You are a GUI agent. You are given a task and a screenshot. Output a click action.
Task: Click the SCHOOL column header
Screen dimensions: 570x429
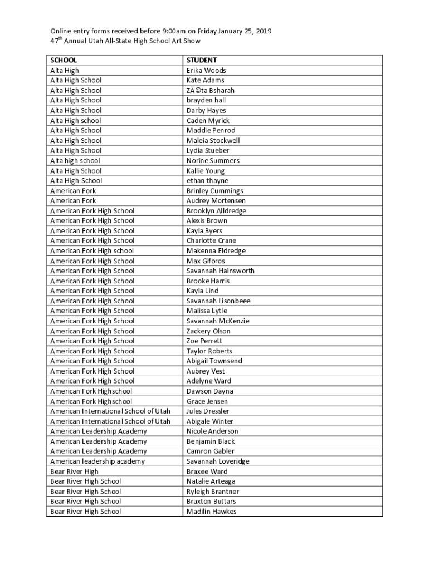click(x=64, y=60)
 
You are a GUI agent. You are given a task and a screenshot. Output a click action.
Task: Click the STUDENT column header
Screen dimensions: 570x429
click(x=202, y=60)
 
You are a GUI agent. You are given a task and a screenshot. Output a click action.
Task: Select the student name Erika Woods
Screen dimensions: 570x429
click(x=206, y=70)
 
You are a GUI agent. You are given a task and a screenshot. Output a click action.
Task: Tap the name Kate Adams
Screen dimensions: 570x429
click(x=206, y=80)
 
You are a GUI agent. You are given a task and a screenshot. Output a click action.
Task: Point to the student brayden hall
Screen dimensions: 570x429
click(x=206, y=100)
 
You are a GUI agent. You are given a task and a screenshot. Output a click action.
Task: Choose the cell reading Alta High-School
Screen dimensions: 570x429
click(x=76, y=180)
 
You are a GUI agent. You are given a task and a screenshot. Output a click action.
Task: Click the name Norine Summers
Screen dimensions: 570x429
click(x=213, y=160)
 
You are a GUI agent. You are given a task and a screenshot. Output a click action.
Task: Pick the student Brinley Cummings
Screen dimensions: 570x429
click(x=214, y=190)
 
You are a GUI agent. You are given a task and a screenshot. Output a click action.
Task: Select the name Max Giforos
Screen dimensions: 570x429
click(x=206, y=261)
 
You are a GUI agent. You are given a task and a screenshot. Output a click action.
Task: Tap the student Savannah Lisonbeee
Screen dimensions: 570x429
click(x=218, y=301)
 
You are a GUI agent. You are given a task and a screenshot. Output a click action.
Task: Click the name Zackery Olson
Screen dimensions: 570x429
click(x=208, y=331)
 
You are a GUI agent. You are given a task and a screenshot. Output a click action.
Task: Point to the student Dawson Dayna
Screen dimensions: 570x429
click(x=210, y=391)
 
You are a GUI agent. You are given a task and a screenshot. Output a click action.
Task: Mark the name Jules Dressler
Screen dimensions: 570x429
click(x=208, y=411)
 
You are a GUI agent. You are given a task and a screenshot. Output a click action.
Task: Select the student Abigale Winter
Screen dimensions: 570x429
click(x=210, y=421)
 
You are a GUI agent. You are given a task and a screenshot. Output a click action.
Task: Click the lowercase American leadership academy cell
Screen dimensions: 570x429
click(x=97, y=461)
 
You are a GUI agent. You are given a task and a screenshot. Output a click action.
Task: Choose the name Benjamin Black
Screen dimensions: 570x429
click(x=211, y=441)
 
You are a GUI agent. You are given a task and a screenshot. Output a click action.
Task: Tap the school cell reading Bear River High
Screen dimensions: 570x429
click(x=74, y=471)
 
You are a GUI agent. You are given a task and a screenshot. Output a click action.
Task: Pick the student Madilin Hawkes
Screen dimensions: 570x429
click(x=211, y=511)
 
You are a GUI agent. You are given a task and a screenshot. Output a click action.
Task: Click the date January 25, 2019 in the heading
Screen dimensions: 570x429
click(x=246, y=31)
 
